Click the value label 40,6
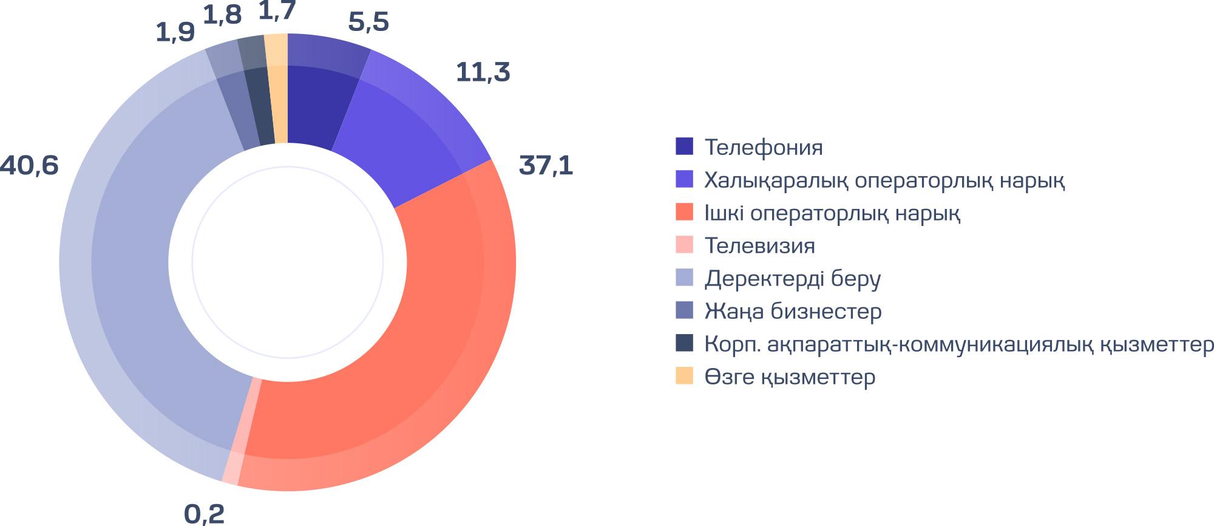tap(29, 166)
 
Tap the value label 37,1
tap(546, 166)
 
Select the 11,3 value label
tap(483, 72)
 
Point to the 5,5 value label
tap(368, 22)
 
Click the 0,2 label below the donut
tap(204, 514)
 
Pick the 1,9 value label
tap(175, 33)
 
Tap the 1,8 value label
tap(222, 16)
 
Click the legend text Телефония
tap(764, 148)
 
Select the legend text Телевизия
tap(759, 246)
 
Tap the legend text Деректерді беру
tap(792, 279)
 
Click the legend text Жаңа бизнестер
tap(793, 312)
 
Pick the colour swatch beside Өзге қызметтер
tap(684, 376)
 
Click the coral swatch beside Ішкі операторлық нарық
tap(684, 212)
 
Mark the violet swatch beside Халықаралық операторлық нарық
tap(684, 179)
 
